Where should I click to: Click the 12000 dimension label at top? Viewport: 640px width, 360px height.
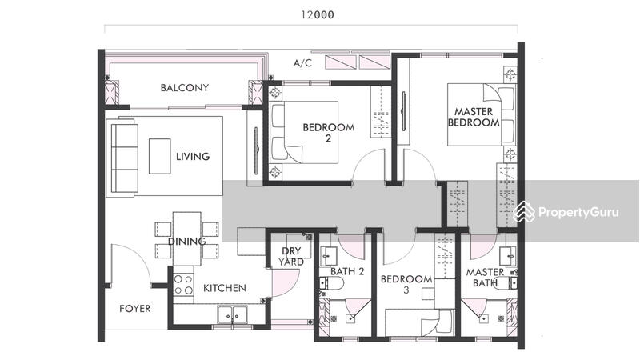(x=318, y=15)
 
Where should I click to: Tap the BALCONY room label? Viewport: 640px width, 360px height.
(x=185, y=88)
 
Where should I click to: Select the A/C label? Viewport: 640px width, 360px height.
(x=302, y=63)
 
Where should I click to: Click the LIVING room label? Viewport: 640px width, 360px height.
(x=193, y=156)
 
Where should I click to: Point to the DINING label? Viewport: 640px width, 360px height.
(x=186, y=242)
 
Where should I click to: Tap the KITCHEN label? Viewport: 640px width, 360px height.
(x=225, y=288)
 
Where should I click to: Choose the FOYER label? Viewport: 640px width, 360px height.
(x=134, y=309)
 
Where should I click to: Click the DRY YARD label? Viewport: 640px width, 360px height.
(x=291, y=256)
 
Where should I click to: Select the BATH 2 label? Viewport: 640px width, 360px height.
(x=347, y=271)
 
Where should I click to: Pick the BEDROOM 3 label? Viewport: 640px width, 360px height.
(x=406, y=285)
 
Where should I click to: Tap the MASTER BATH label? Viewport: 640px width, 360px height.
(x=485, y=277)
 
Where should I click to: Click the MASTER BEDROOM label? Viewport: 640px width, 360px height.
(x=474, y=117)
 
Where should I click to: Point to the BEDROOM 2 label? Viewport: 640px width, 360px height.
(x=329, y=133)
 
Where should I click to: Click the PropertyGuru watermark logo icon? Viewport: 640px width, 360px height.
(x=524, y=212)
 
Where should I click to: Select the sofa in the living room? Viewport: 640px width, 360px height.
(x=125, y=155)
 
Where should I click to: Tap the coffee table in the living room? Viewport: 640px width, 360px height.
(x=159, y=156)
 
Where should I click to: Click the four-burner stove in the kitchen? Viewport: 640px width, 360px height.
(x=183, y=285)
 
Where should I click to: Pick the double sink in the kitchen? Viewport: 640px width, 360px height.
(x=232, y=314)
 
